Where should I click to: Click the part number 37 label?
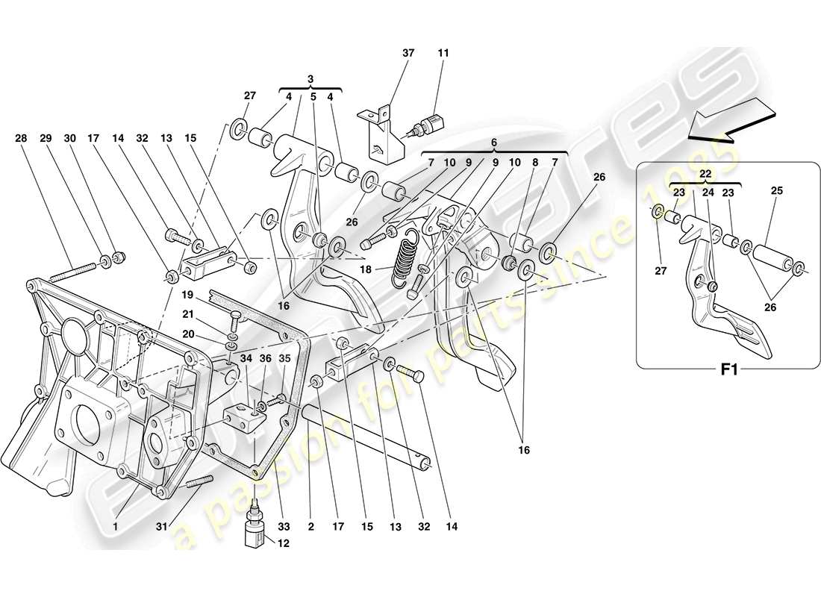coord(407,54)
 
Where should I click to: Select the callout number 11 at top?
coord(444,54)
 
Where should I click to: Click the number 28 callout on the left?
coord(21,138)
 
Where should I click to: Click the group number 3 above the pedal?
coord(310,78)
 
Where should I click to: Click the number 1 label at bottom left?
coord(116,526)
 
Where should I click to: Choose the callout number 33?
coord(282,526)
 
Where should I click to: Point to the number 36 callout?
coord(265,358)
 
